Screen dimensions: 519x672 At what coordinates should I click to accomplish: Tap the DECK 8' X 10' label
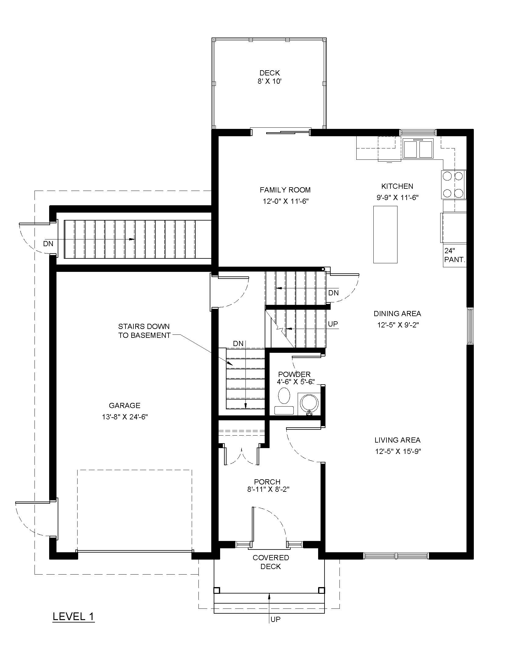[270, 77]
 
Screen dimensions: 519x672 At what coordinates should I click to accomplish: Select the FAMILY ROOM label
[285, 190]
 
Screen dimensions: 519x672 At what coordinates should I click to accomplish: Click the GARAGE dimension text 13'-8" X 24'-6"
[125, 417]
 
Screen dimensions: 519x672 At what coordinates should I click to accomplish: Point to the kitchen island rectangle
[385, 235]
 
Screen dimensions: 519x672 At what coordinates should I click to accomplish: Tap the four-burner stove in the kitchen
[454, 184]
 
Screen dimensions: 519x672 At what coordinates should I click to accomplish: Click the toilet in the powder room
[284, 400]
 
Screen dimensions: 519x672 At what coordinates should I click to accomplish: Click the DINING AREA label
[397, 313]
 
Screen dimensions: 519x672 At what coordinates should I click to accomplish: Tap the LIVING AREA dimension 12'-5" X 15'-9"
[397, 451]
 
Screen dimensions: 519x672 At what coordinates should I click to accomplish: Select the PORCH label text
[267, 482]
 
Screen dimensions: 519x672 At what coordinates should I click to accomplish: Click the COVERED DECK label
[270, 562]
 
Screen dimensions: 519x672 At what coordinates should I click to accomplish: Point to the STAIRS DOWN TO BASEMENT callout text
[144, 331]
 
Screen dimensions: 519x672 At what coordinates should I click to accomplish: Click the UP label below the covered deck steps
[275, 619]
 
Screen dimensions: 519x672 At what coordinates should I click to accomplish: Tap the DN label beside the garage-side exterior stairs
[48, 244]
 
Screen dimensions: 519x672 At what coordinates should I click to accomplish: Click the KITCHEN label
[397, 186]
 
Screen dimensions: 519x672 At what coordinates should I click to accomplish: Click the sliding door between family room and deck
[280, 132]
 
